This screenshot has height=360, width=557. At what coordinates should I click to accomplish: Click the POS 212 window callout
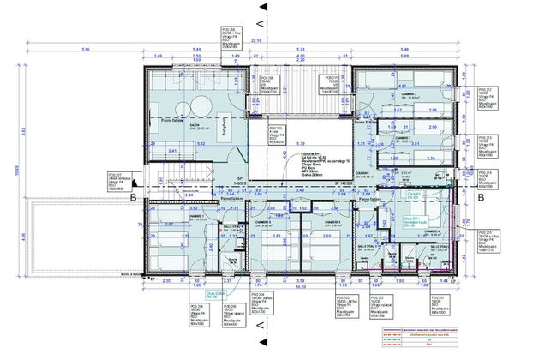click(x=511, y=98)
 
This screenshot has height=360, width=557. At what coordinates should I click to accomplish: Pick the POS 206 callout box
click(x=201, y=314)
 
